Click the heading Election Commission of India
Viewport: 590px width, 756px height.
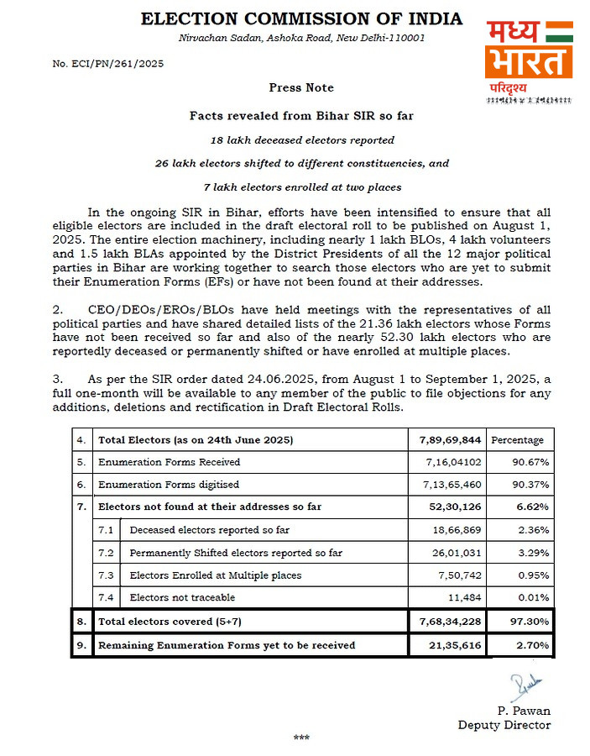click(301, 19)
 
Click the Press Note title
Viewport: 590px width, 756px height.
click(301, 87)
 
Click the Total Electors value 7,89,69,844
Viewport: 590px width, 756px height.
click(449, 439)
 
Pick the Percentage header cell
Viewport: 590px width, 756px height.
click(517, 439)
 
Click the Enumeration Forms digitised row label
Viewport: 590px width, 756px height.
click(169, 484)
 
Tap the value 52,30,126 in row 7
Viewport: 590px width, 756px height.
click(449, 507)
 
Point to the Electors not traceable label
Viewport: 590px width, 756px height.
click(182, 597)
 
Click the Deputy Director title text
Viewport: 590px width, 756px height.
click(504, 724)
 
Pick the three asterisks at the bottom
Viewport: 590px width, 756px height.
click(301, 738)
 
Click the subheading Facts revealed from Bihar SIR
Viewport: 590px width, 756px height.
click(301, 117)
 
